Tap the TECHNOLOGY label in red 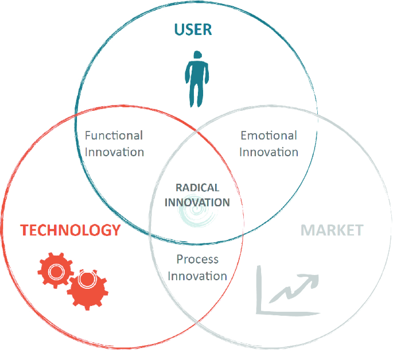click(71, 231)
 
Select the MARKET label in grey click(332, 231)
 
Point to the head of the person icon click(197, 56)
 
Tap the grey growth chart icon click(287, 290)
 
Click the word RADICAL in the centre click(197, 188)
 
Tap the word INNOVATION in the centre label click(197, 202)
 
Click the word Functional click(114, 136)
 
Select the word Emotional click(269, 136)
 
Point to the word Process click(197, 260)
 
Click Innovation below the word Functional click(114, 152)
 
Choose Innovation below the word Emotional click(269, 152)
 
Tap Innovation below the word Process click(197, 276)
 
